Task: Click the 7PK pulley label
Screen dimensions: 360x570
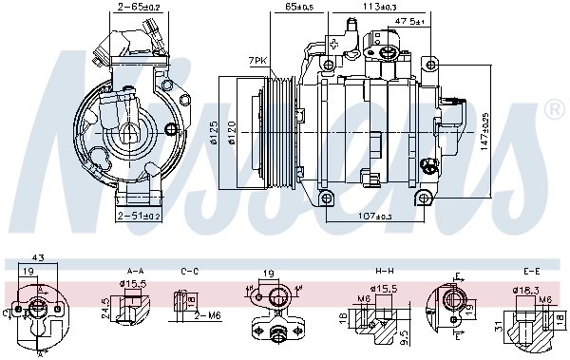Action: (x=256, y=60)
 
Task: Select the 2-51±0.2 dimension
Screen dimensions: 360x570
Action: (x=139, y=216)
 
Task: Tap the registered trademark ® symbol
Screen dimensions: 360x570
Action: (x=554, y=111)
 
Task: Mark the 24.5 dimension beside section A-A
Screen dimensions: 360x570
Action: (x=104, y=308)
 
